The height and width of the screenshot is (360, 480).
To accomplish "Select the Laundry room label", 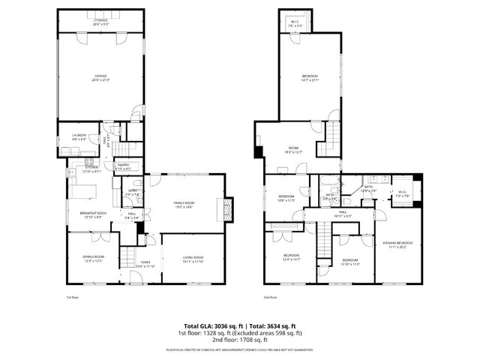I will click(x=79, y=137).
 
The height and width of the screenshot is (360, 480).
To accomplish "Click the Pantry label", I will click(x=121, y=166).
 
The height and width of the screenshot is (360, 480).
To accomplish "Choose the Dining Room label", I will click(x=93, y=259).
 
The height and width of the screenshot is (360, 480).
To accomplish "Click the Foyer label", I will click(x=145, y=264).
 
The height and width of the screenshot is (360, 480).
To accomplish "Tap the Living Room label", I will click(x=193, y=259).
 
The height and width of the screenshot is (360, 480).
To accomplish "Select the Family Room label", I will click(x=184, y=205).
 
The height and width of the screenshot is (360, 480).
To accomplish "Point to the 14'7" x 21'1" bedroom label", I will click(x=310, y=77).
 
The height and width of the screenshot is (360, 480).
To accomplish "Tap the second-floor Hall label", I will click(x=342, y=214).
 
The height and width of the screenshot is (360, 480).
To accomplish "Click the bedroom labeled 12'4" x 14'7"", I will click(x=291, y=257).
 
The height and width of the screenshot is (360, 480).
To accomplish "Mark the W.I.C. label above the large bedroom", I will click(x=295, y=23).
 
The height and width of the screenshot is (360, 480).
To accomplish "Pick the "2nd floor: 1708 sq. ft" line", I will click(x=240, y=340).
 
